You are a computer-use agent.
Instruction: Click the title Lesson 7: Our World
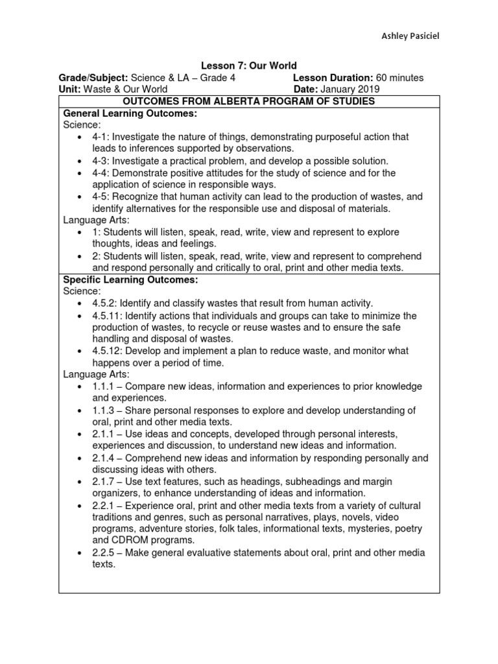249,65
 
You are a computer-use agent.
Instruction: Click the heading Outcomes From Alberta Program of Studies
249,101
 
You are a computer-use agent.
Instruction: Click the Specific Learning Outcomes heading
130,279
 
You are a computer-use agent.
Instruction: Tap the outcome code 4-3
101,160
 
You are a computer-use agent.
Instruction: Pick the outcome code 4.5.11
107,315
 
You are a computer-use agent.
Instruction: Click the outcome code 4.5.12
107,351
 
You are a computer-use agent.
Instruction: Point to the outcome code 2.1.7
104,482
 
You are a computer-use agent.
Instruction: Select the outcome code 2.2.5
104,552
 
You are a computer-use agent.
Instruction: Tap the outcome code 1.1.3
104,410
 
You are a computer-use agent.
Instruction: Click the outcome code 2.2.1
104,505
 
